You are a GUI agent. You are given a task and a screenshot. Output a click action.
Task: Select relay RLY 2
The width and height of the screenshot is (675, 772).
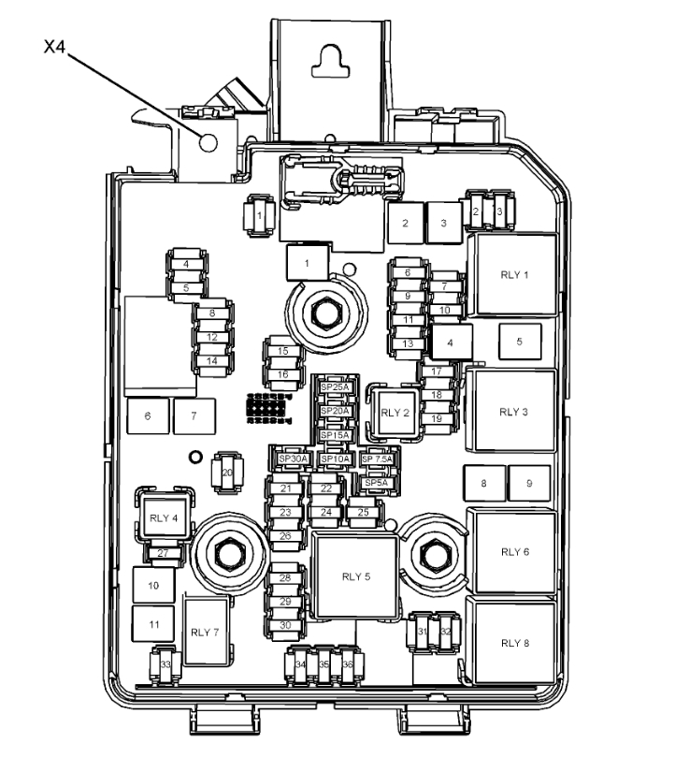395,412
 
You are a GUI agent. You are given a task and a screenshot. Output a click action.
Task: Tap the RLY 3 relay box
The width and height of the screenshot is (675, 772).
513,411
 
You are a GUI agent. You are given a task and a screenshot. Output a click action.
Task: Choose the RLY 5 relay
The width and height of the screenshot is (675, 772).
355,576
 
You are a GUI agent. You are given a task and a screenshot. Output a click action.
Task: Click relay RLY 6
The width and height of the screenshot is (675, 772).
513,551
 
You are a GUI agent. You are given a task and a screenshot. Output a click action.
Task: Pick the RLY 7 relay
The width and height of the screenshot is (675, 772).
205,632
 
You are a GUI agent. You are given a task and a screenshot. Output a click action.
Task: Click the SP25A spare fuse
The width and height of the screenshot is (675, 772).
334,387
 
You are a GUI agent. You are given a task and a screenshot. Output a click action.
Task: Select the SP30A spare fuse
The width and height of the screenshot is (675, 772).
292,459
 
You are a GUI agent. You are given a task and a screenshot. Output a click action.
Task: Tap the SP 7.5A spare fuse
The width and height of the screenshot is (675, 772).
378,459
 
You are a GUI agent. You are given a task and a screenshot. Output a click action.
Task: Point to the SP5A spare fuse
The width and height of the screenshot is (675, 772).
378,482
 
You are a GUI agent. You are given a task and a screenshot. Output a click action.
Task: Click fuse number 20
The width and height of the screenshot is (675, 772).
225,473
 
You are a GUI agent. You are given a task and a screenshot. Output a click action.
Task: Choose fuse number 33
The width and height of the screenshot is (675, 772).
165,663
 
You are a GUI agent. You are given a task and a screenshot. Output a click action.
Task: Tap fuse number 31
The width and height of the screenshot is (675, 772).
424,633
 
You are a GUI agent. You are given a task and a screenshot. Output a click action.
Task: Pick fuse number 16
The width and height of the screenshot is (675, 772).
282,374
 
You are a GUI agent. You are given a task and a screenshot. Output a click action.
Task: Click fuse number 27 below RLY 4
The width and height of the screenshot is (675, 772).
162,554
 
